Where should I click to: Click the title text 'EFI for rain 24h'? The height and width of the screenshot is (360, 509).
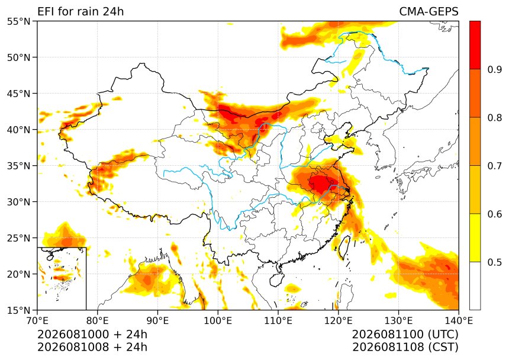coord(80,11)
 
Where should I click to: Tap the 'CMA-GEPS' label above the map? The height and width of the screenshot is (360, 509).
coord(429,11)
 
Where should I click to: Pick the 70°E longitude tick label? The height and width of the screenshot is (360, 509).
coord(37,321)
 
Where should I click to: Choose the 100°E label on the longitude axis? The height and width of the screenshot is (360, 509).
coord(218,321)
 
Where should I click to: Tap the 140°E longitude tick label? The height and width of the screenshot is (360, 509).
coord(459,321)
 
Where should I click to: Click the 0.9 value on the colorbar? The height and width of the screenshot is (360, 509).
coord(495,69)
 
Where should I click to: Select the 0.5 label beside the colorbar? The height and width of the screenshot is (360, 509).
coord(495,262)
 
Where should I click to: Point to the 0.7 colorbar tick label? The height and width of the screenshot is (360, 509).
coord(495,166)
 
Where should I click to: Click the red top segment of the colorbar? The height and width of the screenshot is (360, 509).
coord(475,45)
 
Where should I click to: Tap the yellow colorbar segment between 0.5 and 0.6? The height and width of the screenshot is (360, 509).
coord(475,237)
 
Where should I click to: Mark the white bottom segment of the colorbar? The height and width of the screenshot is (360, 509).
coord(475,286)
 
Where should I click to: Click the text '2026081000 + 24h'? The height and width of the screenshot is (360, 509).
coord(92,335)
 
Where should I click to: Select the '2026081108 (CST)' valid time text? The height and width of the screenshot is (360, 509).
coord(405,348)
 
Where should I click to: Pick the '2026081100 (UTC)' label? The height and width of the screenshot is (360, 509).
coord(405,335)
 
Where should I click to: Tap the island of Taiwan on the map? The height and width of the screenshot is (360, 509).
coord(344,247)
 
